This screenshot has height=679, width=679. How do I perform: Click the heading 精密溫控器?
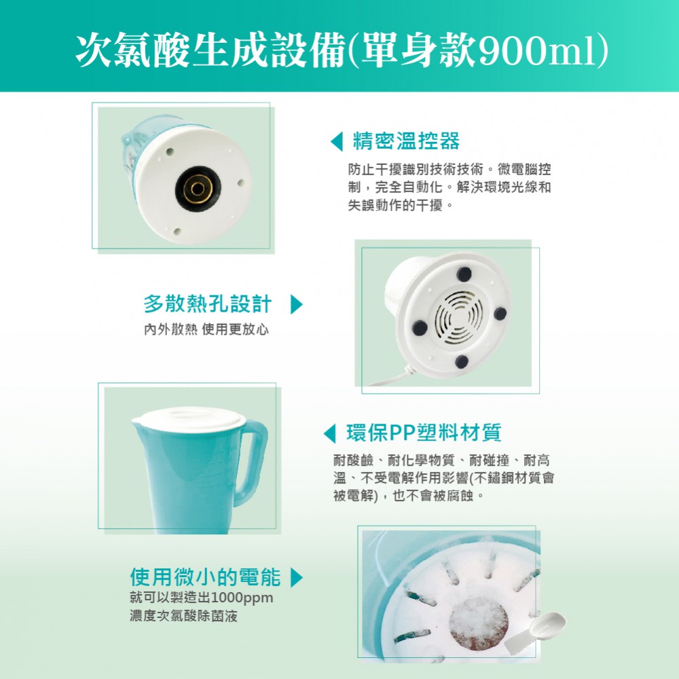point(406,141)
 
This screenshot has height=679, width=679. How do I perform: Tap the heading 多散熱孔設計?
point(208,304)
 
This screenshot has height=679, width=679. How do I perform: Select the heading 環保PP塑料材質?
point(424,432)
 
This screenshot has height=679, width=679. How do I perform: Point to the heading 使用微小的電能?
point(205,576)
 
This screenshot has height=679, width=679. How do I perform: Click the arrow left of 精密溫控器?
point(337,141)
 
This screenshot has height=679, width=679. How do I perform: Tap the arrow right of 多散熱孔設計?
point(297,304)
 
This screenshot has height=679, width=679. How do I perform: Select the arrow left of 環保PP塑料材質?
point(329,433)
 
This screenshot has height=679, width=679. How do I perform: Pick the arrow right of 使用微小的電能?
point(297,577)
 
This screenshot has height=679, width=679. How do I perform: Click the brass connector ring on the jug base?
point(198,189)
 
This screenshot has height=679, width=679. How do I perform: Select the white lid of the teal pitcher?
point(189,418)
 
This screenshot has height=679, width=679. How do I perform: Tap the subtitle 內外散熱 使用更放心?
point(206,329)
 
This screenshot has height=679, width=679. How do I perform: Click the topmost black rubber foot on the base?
point(464,274)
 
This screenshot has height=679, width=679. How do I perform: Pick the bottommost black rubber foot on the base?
point(462,361)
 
